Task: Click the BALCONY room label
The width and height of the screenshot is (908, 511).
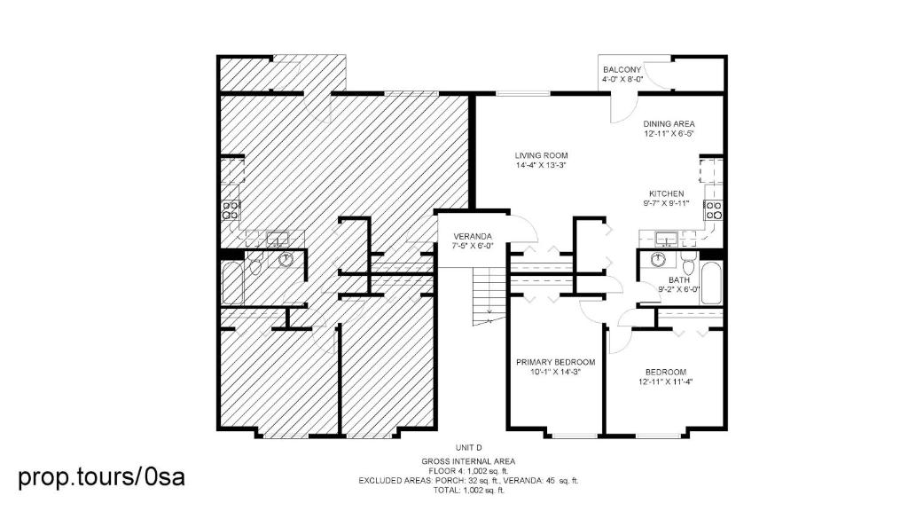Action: click(x=622, y=69)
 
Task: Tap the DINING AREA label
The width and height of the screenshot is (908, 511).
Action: click(x=669, y=123)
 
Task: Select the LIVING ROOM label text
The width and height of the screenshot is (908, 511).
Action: click(x=542, y=155)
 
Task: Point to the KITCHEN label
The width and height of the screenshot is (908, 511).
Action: click(x=666, y=193)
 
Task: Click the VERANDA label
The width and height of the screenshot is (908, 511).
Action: click(x=473, y=236)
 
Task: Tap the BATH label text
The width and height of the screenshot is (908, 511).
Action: click(x=678, y=279)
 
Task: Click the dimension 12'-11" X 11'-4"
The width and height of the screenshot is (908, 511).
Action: click(x=666, y=381)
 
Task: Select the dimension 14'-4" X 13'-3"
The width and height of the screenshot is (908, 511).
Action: click(x=541, y=165)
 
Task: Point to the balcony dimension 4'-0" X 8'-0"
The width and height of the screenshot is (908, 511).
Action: click(x=622, y=79)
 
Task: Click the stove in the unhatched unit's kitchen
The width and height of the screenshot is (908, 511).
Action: click(x=713, y=209)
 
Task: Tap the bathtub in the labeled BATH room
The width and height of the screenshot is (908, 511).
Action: click(x=710, y=283)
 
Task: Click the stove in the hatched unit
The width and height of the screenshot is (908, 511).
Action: click(x=231, y=209)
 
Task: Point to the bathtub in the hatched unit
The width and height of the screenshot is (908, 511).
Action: click(x=232, y=283)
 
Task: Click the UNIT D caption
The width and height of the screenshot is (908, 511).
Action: click(x=468, y=447)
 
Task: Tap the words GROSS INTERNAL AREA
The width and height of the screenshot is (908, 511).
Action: click(x=468, y=461)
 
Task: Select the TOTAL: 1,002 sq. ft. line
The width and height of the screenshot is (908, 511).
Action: click(x=468, y=490)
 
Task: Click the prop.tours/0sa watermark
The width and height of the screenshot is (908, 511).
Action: click(x=101, y=476)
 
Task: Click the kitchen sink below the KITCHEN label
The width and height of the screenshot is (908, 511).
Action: click(x=667, y=238)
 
